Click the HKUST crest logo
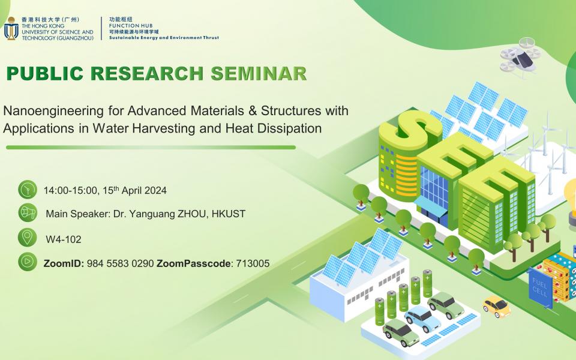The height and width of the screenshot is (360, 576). [11, 28]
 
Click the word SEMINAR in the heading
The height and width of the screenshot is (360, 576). [259, 73]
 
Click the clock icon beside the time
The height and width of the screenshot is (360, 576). [28, 190]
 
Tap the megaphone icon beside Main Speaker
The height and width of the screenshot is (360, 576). [28, 212]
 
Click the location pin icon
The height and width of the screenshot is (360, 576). [28, 238]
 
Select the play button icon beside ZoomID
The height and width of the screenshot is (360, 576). [28, 262]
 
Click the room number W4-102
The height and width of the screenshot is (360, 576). [64, 239]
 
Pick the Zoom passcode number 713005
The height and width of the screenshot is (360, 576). [253, 263]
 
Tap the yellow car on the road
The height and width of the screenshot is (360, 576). [497, 307]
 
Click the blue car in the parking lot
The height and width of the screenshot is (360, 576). [422, 319]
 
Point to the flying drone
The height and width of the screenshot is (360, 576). [520, 58]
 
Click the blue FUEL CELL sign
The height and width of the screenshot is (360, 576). [541, 288]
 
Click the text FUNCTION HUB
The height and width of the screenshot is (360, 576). [131, 26]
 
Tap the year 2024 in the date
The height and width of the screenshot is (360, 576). [155, 190]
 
